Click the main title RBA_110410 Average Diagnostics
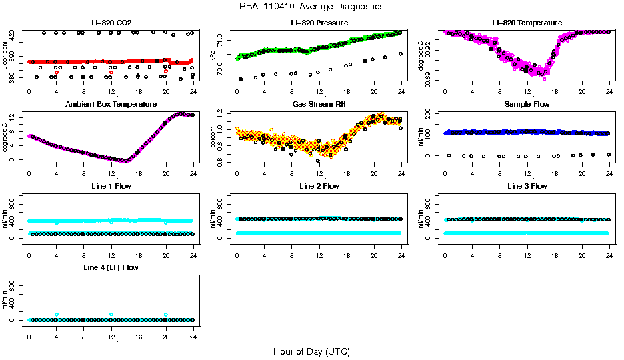(x=311, y=6)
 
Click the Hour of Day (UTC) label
(x=311, y=351)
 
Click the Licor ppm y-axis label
(x=5, y=56)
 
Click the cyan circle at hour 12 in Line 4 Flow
(x=111, y=314)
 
